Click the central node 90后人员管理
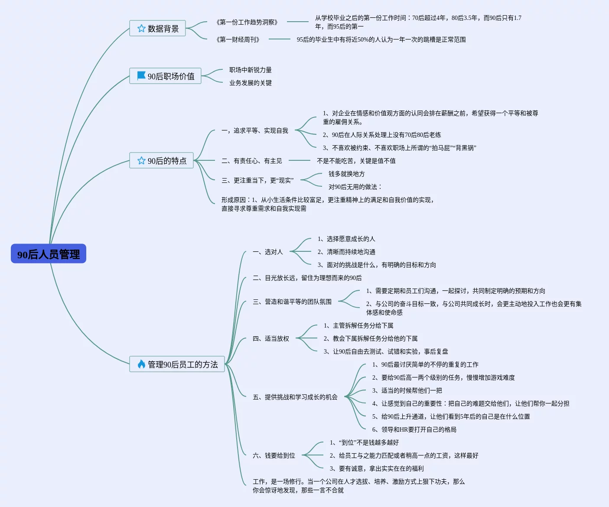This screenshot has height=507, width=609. coord(49,254)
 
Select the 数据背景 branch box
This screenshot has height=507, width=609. coord(157,29)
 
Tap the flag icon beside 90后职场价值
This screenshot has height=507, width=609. coord(141,76)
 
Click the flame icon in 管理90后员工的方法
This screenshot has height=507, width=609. coord(141,364)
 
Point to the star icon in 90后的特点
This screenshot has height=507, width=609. coord(141,161)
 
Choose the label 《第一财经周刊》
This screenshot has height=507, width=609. coord(238,39)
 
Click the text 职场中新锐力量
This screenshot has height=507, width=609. coord(251,70)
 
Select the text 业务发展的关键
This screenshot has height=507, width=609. coord(251,83)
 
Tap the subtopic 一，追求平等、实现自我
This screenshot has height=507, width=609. coord(255,130)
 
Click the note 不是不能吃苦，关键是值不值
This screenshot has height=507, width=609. coord(356,161)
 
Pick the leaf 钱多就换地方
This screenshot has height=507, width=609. coord(347,174)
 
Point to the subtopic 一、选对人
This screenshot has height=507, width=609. coord(268,252)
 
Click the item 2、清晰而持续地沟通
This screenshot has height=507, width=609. coord(346,252)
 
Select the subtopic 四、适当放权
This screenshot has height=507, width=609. coord(271,338)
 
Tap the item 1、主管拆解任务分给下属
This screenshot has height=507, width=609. coord(358,325)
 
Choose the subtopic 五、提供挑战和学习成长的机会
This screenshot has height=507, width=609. coord(295,397)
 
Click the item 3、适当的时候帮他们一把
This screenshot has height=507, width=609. coord(407,390)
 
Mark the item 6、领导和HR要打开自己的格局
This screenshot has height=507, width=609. coord(414,429)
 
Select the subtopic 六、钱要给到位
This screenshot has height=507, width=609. coord(274,455)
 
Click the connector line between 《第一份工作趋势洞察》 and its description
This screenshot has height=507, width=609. coord(298,22)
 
